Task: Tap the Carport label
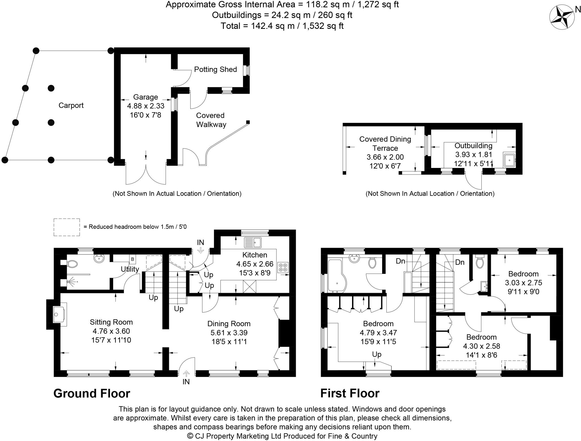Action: (x=71, y=105)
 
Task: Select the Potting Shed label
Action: (x=215, y=69)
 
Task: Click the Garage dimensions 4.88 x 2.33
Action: (x=146, y=106)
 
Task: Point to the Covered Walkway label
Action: (x=211, y=120)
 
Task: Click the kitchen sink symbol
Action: (x=253, y=242)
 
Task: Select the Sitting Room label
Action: (x=111, y=322)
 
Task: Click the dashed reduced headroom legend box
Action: (x=67, y=227)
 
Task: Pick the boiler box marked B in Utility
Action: (x=132, y=259)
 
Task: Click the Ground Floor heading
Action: (x=92, y=393)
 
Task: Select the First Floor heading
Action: (x=350, y=393)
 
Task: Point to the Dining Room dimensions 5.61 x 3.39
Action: (x=229, y=333)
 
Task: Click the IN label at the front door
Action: (x=186, y=382)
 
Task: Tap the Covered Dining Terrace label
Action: (x=385, y=144)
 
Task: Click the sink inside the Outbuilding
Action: (x=510, y=160)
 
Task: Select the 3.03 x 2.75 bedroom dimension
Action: (x=523, y=283)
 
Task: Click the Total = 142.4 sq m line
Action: (x=282, y=26)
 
